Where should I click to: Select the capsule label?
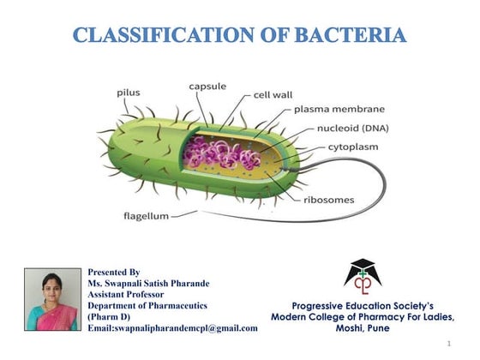[207, 87]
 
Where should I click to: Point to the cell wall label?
[273, 94]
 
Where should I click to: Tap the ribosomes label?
[328, 200]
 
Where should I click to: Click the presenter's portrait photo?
[51, 299]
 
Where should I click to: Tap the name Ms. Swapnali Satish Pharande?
[148, 282]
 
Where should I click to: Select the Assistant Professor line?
[129, 293]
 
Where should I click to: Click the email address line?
[172, 327]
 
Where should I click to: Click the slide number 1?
[449, 344]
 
